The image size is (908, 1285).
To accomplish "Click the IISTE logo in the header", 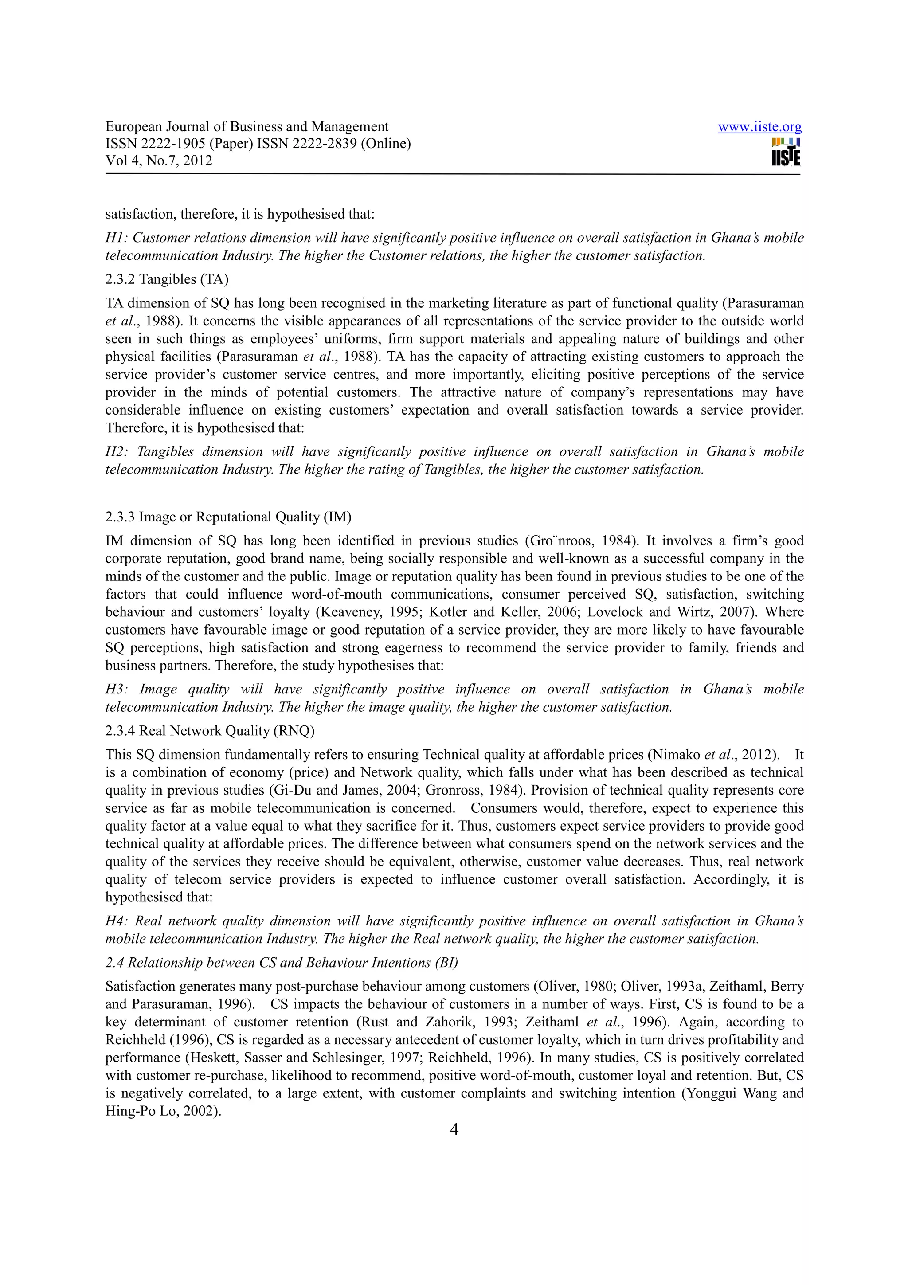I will [786, 152].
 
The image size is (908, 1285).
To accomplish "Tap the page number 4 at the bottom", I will [454, 1129].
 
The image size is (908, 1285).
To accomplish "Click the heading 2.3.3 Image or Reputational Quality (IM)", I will [228, 517].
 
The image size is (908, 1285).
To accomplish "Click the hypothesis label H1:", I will [117, 238].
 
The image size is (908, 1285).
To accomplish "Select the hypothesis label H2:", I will [117, 452].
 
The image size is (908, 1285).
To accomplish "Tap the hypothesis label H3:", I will [117, 689].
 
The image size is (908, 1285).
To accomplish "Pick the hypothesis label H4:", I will [117, 921].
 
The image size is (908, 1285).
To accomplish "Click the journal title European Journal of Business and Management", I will [247, 127].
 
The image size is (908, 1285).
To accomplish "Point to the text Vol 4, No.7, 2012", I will [159, 161].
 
